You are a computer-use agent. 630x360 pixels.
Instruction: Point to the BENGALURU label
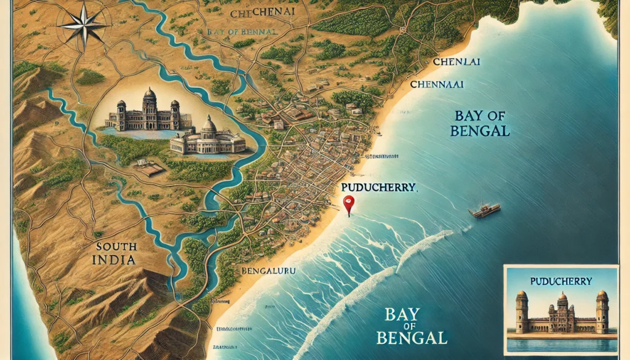(x=266, y=270)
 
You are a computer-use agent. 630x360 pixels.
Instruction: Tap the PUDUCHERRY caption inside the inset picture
(x=560, y=281)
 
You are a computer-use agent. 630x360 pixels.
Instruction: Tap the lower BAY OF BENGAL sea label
(x=413, y=326)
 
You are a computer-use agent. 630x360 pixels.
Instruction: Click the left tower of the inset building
(x=522, y=310)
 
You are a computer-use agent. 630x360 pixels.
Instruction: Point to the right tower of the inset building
(x=601, y=310)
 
